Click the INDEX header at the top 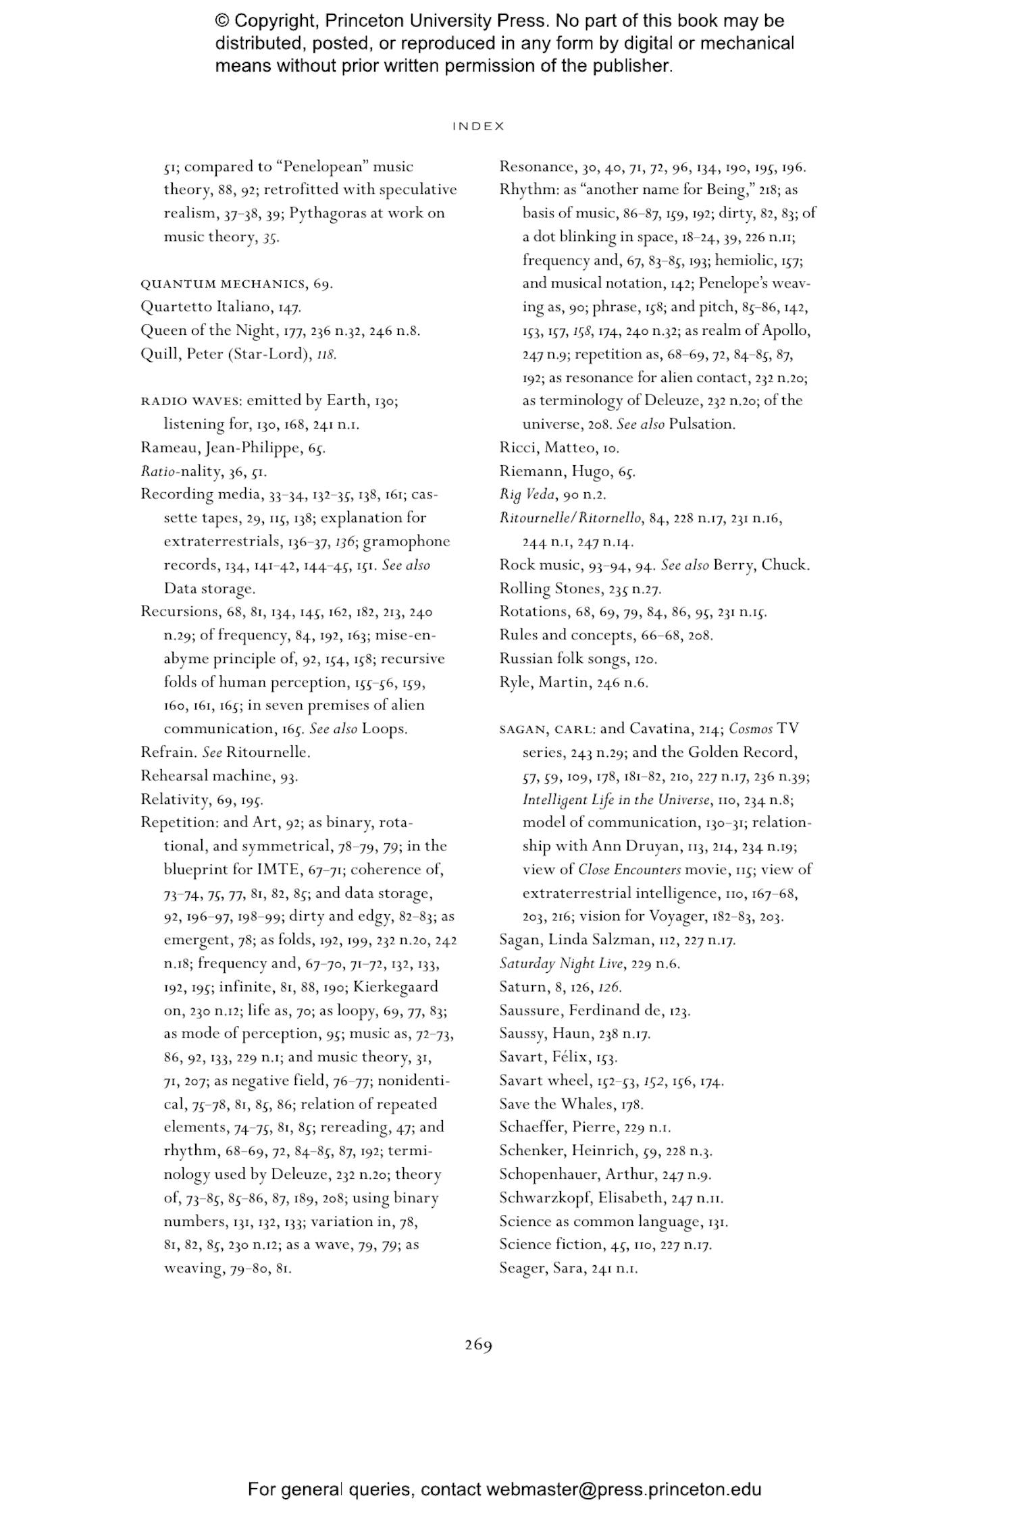pos(478,126)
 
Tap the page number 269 pos(478,1345)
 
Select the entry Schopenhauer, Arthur pos(577,1174)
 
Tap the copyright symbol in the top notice pos(223,21)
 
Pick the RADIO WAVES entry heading pos(190,401)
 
